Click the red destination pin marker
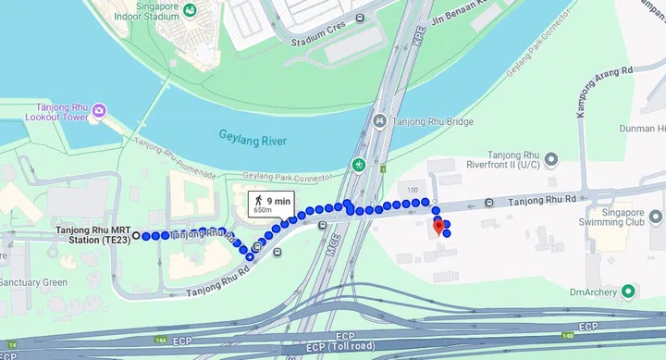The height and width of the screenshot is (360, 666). (438, 225)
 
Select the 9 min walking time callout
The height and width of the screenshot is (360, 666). (269, 204)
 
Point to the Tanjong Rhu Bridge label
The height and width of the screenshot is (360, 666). (435, 122)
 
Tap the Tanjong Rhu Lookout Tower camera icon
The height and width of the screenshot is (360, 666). (99, 112)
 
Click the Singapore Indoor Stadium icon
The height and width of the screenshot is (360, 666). (190, 11)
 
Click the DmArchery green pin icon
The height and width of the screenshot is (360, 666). (629, 292)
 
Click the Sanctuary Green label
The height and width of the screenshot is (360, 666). (33, 282)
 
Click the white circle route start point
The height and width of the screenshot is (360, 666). (136, 236)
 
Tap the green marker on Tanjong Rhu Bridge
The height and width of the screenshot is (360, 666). (359, 166)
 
